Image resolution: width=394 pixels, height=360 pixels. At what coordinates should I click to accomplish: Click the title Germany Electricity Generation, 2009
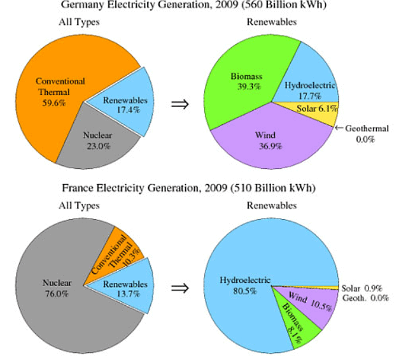197,6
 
